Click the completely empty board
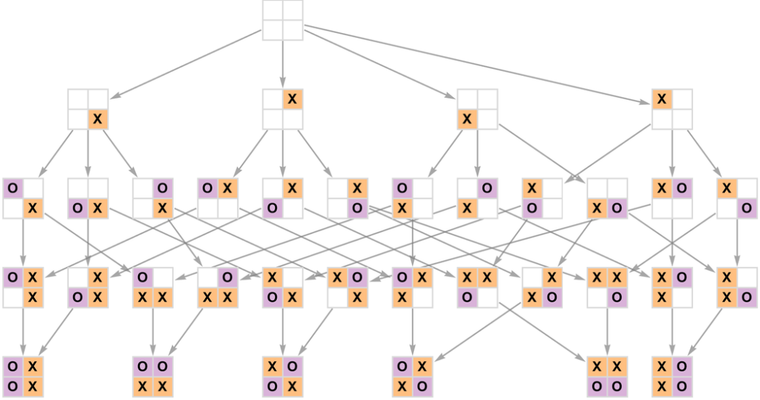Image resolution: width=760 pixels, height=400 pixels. point(283,20)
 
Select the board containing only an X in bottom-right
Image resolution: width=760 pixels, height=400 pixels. point(88,109)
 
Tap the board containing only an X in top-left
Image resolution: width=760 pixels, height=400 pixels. point(671,109)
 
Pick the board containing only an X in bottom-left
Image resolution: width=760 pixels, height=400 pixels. point(477,109)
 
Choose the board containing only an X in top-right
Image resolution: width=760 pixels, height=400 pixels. point(283,109)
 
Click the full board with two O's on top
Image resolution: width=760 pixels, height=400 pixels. point(153,377)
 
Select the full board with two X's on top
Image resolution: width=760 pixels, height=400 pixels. point(607,377)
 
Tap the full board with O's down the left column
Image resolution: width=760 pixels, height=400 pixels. point(23,377)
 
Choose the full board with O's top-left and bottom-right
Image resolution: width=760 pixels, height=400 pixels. point(412,377)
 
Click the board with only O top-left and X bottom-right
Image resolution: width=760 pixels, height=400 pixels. point(23,199)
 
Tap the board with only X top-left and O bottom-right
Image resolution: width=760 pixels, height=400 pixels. point(737,199)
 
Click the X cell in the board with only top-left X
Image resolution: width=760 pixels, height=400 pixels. point(662,99)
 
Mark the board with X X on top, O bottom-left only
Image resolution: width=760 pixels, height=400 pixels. point(477,288)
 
